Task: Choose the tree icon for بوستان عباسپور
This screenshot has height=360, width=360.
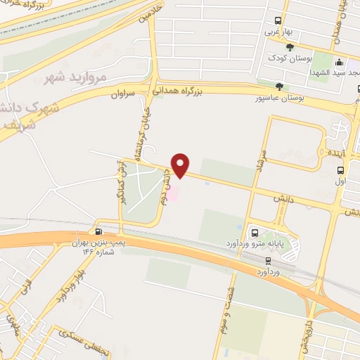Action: pos(280,86)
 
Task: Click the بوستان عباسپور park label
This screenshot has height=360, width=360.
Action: pos(281,98)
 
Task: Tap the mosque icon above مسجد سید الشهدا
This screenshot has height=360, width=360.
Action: pos(339,62)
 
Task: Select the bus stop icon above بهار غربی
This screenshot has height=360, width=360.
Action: pos(278,20)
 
